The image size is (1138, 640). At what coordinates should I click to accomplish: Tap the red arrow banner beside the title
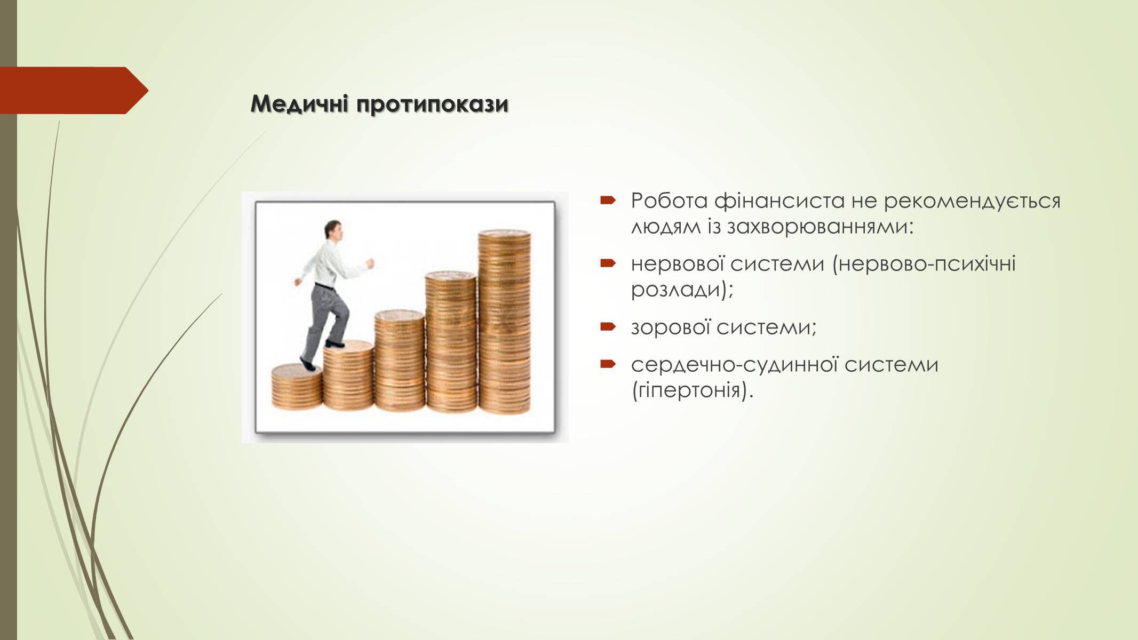(x=74, y=91)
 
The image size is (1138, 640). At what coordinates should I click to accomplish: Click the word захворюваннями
(x=821, y=227)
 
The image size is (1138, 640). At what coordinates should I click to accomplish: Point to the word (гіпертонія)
(x=693, y=391)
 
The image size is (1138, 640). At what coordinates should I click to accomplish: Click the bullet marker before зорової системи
(x=608, y=326)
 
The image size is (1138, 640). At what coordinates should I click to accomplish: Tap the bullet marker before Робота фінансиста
(x=608, y=201)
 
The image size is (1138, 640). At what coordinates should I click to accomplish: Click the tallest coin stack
(x=504, y=322)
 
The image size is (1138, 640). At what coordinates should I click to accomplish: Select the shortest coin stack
(x=297, y=387)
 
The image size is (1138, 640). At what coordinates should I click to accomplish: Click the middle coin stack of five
(x=400, y=361)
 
